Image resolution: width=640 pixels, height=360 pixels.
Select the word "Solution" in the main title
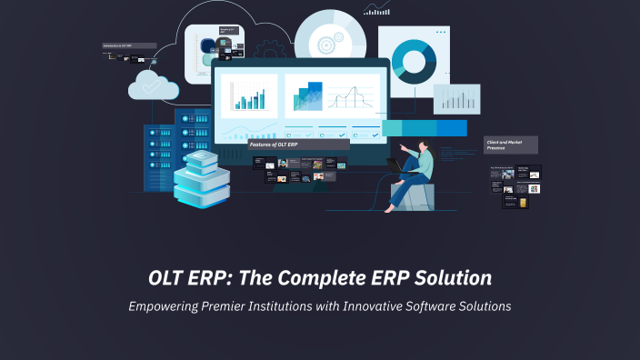pos(451,277)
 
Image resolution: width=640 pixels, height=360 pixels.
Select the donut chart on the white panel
pos(415,59)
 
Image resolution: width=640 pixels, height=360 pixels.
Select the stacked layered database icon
pos(201,179)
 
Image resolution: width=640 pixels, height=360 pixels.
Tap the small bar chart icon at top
pos(376,9)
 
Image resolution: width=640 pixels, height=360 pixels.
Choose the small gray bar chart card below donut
pos(455,99)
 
